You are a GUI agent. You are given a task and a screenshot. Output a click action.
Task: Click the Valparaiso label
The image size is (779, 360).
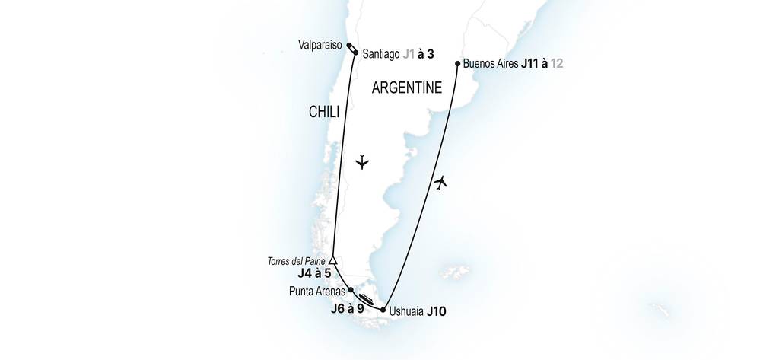[x=320, y=45]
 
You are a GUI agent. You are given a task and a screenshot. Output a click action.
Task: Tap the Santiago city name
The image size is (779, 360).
[x=383, y=54]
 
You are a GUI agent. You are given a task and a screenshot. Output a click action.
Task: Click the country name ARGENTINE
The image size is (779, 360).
[x=406, y=88]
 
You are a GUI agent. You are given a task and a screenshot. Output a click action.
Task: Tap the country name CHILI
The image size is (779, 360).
[x=323, y=113]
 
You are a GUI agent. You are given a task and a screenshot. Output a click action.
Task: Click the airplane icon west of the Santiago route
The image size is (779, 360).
[x=363, y=162]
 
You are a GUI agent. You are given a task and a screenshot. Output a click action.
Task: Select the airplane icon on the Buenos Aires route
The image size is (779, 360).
[x=440, y=183]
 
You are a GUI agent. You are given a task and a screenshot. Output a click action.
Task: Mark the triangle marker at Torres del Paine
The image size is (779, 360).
[x=332, y=261]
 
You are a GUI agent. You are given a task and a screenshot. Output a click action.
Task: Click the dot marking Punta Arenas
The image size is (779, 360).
[x=351, y=290]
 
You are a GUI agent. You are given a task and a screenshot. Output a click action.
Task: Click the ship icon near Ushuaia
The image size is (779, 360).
[x=366, y=300]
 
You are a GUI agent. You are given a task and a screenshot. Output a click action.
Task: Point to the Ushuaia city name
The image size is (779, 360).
[x=405, y=311]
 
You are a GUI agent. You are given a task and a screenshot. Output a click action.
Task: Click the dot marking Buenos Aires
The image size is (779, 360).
[x=457, y=64]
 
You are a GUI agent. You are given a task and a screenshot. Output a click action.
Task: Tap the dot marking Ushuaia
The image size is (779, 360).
[x=383, y=309]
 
